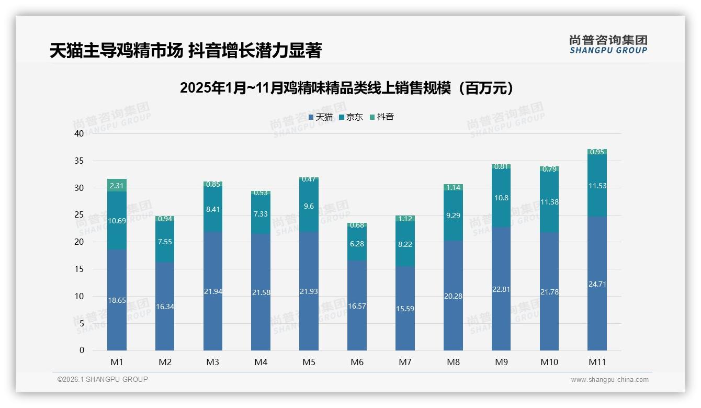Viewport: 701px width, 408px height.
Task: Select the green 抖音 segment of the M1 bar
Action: pyautogui.click(x=117, y=185)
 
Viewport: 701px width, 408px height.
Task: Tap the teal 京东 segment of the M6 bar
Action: pyautogui.click(x=357, y=244)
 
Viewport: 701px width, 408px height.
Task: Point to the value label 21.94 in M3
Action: pyautogui.click(x=213, y=291)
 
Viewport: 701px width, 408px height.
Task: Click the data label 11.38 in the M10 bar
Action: pyautogui.click(x=549, y=202)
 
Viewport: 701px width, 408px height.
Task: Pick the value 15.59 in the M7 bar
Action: pyautogui.click(x=405, y=309)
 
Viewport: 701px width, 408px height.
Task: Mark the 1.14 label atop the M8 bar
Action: pyautogui.click(x=453, y=187)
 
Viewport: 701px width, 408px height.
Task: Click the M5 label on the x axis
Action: pyautogui.click(x=309, y=362)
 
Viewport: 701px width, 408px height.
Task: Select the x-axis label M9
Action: pyautogui.click(x=501, y=362)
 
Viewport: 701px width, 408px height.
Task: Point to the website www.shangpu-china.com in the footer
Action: pyautogui.click(x=609, y=380)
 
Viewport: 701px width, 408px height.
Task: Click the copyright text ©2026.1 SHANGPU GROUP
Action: pyautogui.click(x=103, y=379)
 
